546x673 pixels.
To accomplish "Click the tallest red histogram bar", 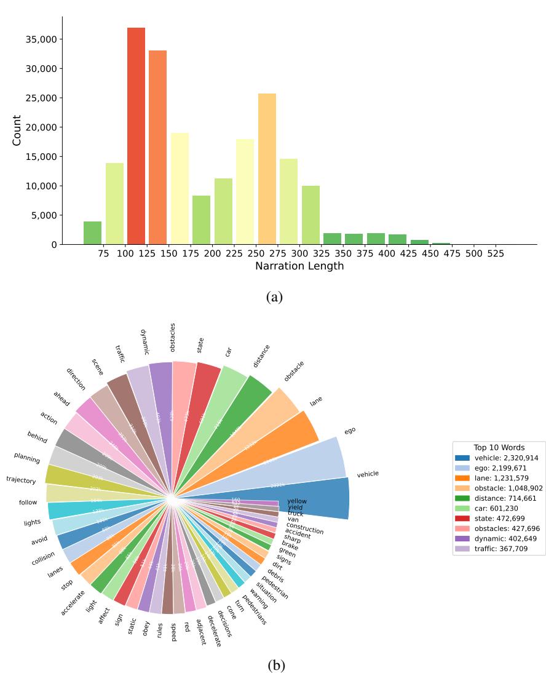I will click(136, 135).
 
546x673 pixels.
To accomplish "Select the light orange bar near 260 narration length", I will click(267, 169).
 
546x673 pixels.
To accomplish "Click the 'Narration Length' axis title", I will click(299, 266).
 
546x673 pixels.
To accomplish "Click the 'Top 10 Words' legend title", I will click(499, 447).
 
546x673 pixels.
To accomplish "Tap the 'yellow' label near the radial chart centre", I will click(297, 501).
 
